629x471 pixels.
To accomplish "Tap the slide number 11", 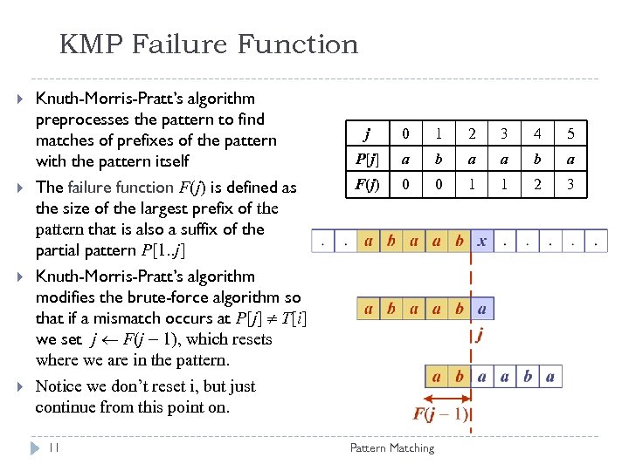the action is (54, 447).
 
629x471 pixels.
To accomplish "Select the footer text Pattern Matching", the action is (391, 447).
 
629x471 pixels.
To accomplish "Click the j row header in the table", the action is (367, 134).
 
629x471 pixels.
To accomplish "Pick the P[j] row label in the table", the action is (367, 159).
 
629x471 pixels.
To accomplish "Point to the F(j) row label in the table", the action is (367, 185).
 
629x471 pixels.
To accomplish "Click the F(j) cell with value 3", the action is (570, 185).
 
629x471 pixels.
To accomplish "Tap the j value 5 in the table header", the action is (570, 134).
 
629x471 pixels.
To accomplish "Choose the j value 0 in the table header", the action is (404, 134).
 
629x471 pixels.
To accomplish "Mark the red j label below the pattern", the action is (480, 333).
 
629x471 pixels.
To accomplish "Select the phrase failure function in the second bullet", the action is (119, 188).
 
